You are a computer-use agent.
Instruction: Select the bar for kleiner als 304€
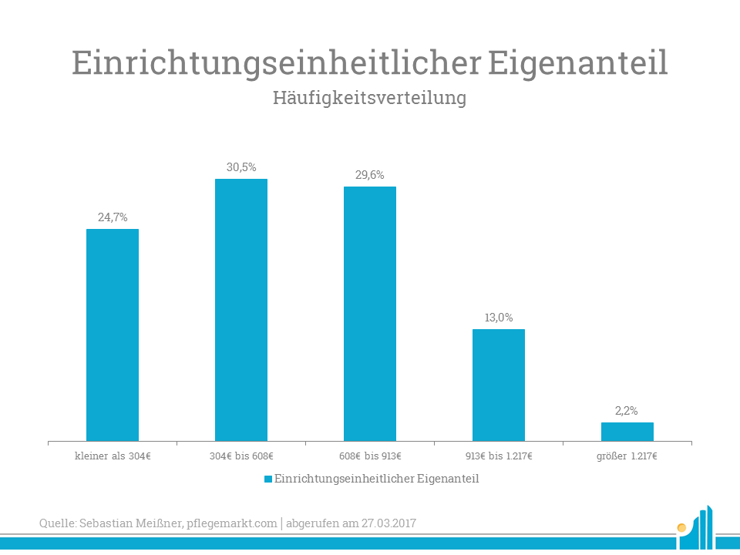tap(113, 335)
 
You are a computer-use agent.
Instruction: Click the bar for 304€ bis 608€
tap(241, 310)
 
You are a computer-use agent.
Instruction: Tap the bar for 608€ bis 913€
tap(370, 313)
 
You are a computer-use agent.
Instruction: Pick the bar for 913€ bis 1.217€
tap(499, 385)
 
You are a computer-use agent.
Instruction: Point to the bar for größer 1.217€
tap(627, 432)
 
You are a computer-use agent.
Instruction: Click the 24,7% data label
tap(113, 217)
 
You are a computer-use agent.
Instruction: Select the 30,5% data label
tap(241, 166)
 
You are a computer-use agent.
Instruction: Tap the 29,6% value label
tap(370, 175)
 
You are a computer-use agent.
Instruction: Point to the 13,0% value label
tap(499, 318)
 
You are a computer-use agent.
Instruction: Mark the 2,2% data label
tap(627, 411)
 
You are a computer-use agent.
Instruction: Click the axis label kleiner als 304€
tap(113, 456)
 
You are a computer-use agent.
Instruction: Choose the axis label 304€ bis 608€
tap(241, 456)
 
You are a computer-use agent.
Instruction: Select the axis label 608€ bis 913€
tap(370, 456)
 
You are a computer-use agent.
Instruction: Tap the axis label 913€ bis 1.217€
tap(499, 456)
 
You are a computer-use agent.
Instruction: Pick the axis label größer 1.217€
tap(627, 456)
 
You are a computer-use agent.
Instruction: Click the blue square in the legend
tap(268, 479)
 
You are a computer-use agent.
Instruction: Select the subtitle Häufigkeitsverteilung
tap(370, 99)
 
